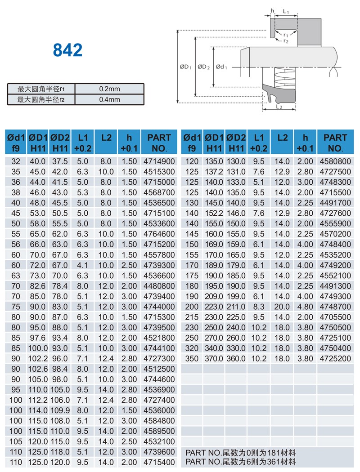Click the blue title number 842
click(x=67, y=49)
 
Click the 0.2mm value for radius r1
click(x=109, y=89)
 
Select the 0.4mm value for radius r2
click(x=109, y=99)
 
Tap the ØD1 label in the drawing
click(x=185, y=67)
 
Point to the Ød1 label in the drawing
click(x=221, y=67)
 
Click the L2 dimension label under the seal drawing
click(x=279, y=107)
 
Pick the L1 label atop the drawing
click(x=286, y=11)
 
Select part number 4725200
click(x=335, y=358)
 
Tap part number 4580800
click(x=335, y=161)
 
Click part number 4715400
click(x=159, y=462)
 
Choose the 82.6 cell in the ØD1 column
click(x=38, y=286)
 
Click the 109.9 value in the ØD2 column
click(x=60, y=410)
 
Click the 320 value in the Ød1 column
click(x=192, y=348)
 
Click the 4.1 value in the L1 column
click(x=83, y=265)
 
